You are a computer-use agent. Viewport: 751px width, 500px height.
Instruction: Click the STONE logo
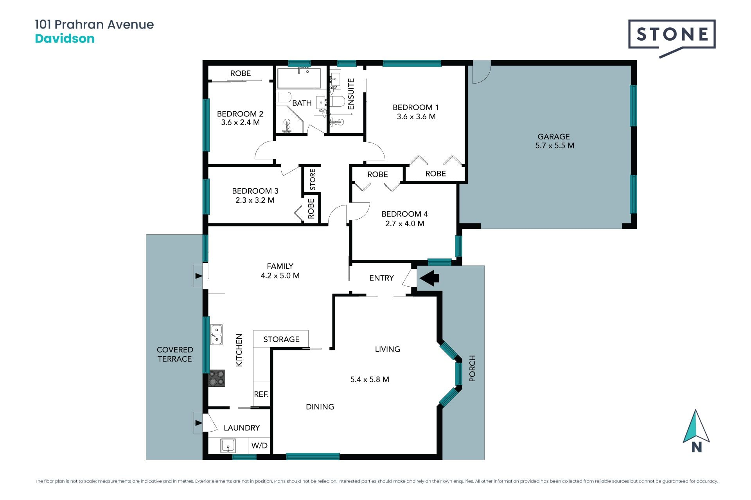[672, 38]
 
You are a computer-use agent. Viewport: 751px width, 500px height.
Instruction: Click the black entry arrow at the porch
[429, 278]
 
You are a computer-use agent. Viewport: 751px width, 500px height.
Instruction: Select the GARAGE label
[553, 137]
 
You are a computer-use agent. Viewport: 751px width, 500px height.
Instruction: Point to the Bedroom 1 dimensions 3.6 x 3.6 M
[416, 116]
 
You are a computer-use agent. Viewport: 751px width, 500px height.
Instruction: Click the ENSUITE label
[351, 94]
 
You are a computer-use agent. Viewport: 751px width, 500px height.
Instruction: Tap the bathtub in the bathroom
[299, 78]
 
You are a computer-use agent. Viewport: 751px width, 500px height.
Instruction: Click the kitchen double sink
[216, 334]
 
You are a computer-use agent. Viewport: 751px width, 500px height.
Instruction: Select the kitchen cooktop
[216, 378]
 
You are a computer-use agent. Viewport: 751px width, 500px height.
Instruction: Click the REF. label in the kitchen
[261, 394]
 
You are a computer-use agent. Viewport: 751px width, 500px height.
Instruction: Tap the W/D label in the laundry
[259, 446]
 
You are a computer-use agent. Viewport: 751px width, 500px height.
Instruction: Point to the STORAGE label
[281, 339]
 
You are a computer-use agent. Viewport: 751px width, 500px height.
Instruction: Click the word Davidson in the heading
[65, 39]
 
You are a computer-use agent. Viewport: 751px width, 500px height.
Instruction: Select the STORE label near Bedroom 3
[312, 179]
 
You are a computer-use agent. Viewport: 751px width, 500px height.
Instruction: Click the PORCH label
[472, 368]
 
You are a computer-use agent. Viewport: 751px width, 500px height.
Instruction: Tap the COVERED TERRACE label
[175, 354]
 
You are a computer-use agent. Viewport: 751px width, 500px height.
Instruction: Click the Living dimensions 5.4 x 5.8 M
[370, 379]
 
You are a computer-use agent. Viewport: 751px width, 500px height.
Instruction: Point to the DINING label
[320, 407]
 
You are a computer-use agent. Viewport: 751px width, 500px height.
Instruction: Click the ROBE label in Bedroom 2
[241, 73]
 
